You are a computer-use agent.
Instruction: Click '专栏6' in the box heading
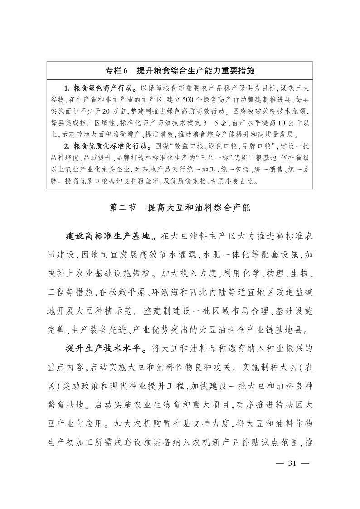point(117,71)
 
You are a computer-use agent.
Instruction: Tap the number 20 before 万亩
point(107,111)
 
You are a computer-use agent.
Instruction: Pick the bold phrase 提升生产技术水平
point(104,349)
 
